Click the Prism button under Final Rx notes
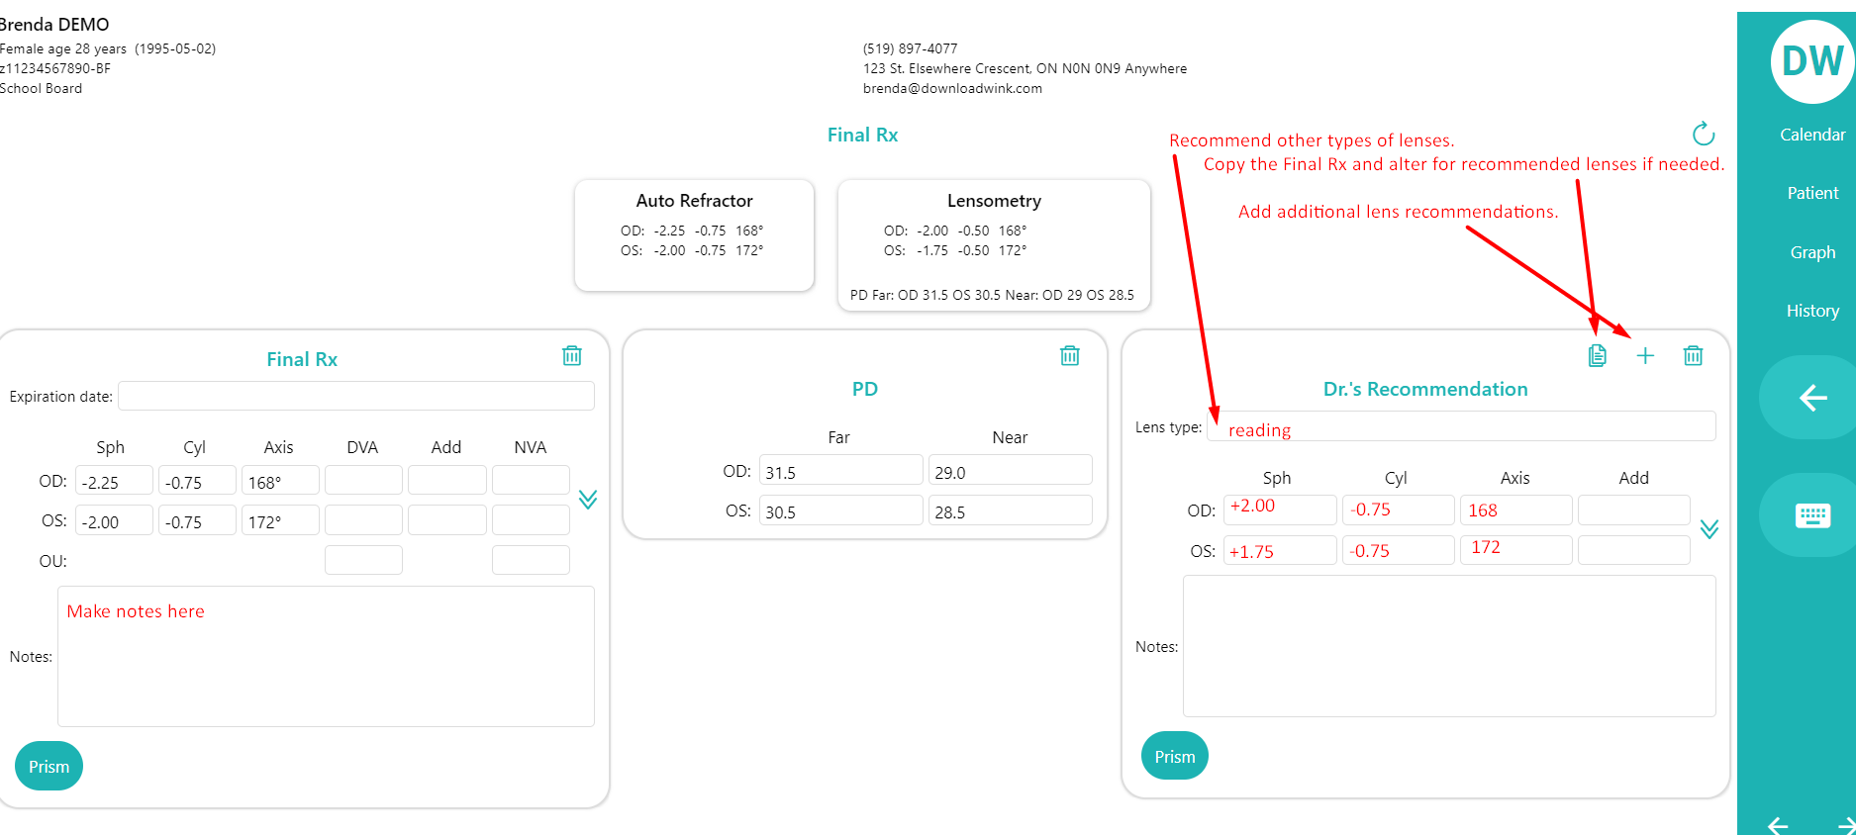click(49, 766)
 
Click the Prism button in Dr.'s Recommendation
click(1174, 756)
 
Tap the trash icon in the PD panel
click(1069, 355)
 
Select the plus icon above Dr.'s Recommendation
click(1644, 355)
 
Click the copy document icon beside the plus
click(1597, 355)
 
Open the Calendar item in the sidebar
click(1811, 135)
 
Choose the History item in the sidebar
click(1811, 311)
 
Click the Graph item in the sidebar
click(1811, 252)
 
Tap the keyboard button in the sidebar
click(1811, 515)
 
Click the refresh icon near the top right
click(1703, 134)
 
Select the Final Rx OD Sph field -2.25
click(114, 482)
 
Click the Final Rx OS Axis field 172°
click(280, 521)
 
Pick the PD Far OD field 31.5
click(840, 472)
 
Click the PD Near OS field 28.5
click(1010, 511)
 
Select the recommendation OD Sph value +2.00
click(1279, 509)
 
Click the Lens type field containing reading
click(1460, 428)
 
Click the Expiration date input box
click(355, 396)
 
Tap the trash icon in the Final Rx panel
click(571, 355)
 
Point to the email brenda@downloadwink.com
click(952, 88)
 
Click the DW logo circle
click(1811, 61)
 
